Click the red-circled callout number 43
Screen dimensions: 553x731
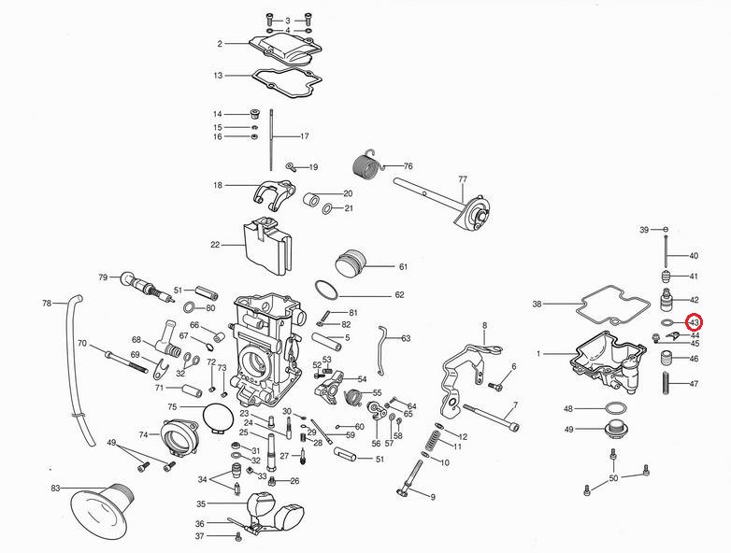(x=695, y=322)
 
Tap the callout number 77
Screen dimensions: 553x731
(x=462, y=178)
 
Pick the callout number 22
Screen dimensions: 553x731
(x=215, y=245)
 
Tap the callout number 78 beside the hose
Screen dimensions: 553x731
(x=47, y=304)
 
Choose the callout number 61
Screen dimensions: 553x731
(x=403, y=267)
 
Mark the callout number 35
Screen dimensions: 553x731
(x=200, y=503)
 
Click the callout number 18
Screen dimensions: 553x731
(x=218, y=186)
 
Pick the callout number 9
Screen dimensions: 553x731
(x=433, y=497)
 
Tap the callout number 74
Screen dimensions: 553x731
(x=143, y=434)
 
